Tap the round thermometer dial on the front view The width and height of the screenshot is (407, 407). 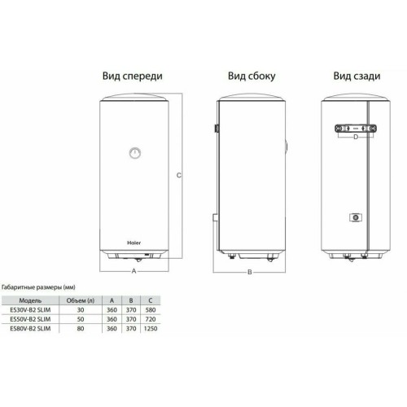coord(133,151)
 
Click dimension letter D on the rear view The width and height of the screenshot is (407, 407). coord(355,138)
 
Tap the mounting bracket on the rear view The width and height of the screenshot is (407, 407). coord(355,129)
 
